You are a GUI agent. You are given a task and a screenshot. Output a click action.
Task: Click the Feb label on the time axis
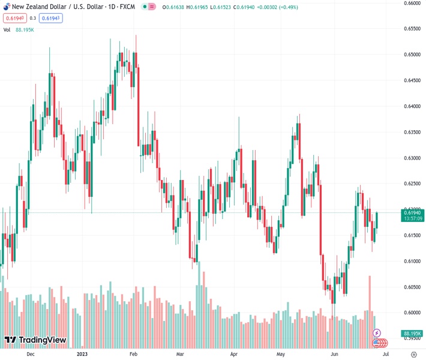coord(133,354)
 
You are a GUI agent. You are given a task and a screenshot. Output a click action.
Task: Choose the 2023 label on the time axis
coord(82,354)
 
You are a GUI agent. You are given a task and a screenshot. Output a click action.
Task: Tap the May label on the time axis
coord(281,354)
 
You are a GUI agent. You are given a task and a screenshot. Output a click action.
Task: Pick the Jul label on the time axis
coord(385,354)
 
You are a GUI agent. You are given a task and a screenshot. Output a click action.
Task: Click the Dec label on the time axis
coord(30,354)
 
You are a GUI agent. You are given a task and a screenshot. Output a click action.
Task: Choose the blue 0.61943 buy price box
coord(51,18)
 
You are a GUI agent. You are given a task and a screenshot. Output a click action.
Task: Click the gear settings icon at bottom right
coord(413,354)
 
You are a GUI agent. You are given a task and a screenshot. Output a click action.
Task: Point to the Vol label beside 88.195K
coord(7,29)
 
